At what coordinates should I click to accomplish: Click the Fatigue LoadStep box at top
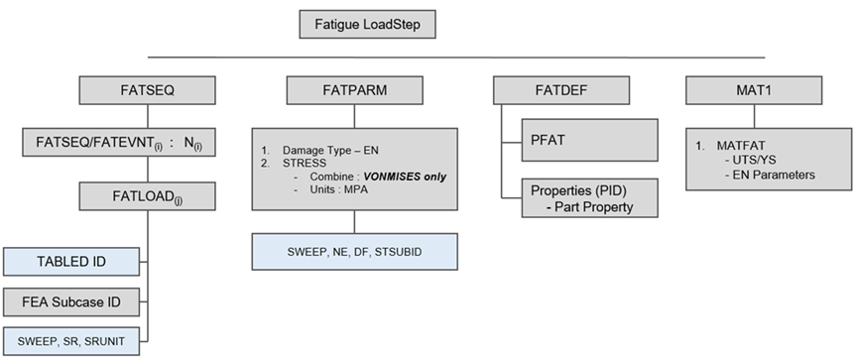(x=367, y=25)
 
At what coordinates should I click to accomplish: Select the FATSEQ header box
(x=147, y=90)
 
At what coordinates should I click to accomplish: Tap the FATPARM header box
(x=355, y=90)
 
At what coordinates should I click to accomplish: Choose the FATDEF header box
(x=561, y=90)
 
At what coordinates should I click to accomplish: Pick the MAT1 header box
(x=754, y=90)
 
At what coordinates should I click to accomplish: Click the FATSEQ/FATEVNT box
(x=119, y=142)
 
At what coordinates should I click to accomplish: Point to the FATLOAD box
(x=147, y=196)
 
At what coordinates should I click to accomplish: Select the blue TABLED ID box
(x=71, y=262)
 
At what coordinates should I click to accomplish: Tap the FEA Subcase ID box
(x=71, y=302)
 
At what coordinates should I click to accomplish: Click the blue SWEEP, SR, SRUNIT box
(x=71, y=341)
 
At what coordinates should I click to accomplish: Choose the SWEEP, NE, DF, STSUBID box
(x=355, y=252)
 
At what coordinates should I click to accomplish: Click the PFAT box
(x=590, y=141)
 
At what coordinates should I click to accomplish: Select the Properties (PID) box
(x=590, y=197)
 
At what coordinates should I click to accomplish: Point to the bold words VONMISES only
(x=405, y=177)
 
